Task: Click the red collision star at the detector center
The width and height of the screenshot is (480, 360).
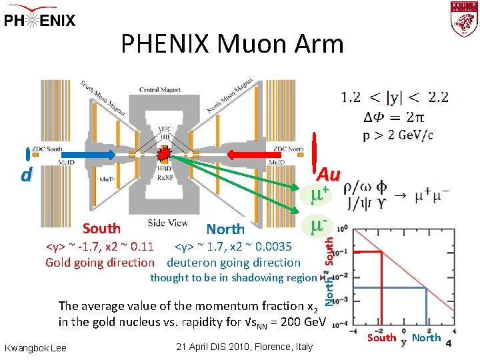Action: pyautogui.click(x=163, y=155)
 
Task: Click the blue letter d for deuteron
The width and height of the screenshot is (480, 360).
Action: pyautogui.click(x=25, y=176)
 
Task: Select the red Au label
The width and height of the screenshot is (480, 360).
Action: pyautogui.click(x=327, y=174)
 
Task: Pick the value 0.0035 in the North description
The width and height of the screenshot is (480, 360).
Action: pyautogui.click(x=269, y=248)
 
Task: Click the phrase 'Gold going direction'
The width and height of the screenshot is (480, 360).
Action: pyautogui.click(x=99, y=263)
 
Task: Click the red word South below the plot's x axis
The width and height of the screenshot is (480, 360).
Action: pyautogui.click(x=382, y=337)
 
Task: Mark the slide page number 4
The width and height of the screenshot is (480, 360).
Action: pyautogui.click(x=449, y=343)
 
